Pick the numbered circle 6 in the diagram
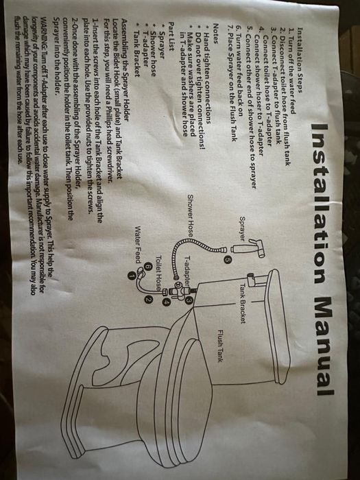click(x=148, y=267)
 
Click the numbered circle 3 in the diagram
click(x=189, y=301)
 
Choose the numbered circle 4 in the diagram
click(x=167, y=302)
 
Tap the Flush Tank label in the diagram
click(x=220, y=346)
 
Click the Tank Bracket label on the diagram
click(x=243, y=303)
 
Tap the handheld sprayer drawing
click(x=248, y=248)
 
